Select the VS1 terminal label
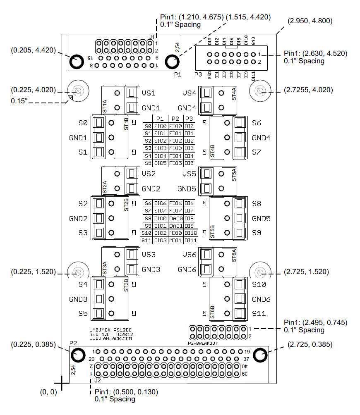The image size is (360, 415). pyautogui.click(x=149, y=93)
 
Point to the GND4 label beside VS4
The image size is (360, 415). pyautogui.click(x=187, y=108)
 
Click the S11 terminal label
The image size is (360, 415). pyautogui.click(x=259, y=314)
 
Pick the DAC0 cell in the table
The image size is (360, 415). pyautogui.click(x=175, y=218)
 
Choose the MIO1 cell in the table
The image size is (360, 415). pyautogui.click(x=175, y=240)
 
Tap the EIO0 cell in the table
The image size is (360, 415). pyautogui.click(x=160, y=126)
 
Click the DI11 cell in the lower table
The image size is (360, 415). pyautogui.click(x=190, y=240)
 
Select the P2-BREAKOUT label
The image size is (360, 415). pyautogui.click(x=202, y=343)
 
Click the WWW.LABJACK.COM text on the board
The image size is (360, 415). pyautogui.click(x=110, y=338)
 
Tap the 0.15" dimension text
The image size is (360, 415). pyautogui.click(x=20, y=101)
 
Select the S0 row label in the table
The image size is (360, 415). pyautogui.click(x=148, y=126)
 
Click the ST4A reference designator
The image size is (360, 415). pyautogui.click(x=234, y=94)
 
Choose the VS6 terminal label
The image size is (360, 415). pyautogui.click(x=190, y=255)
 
